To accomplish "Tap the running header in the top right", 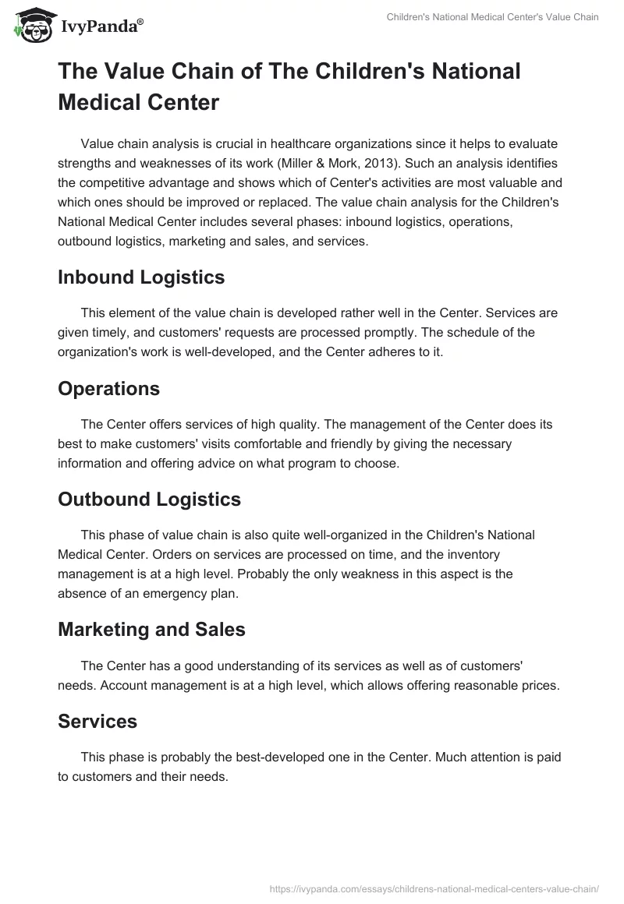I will [493, 17].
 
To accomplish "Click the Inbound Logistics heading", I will [141, 277].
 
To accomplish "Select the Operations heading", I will [108, 388].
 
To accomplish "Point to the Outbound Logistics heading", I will [149, 500].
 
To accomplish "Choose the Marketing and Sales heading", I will [151, 630].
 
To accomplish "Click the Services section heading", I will [97, 722].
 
